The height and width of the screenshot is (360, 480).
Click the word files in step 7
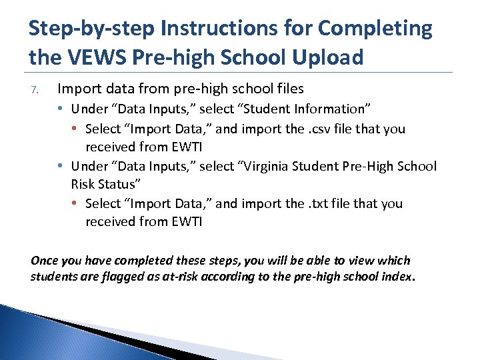click(x=288, y=88)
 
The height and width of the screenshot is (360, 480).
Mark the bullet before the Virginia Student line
click(x=61, y=165)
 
